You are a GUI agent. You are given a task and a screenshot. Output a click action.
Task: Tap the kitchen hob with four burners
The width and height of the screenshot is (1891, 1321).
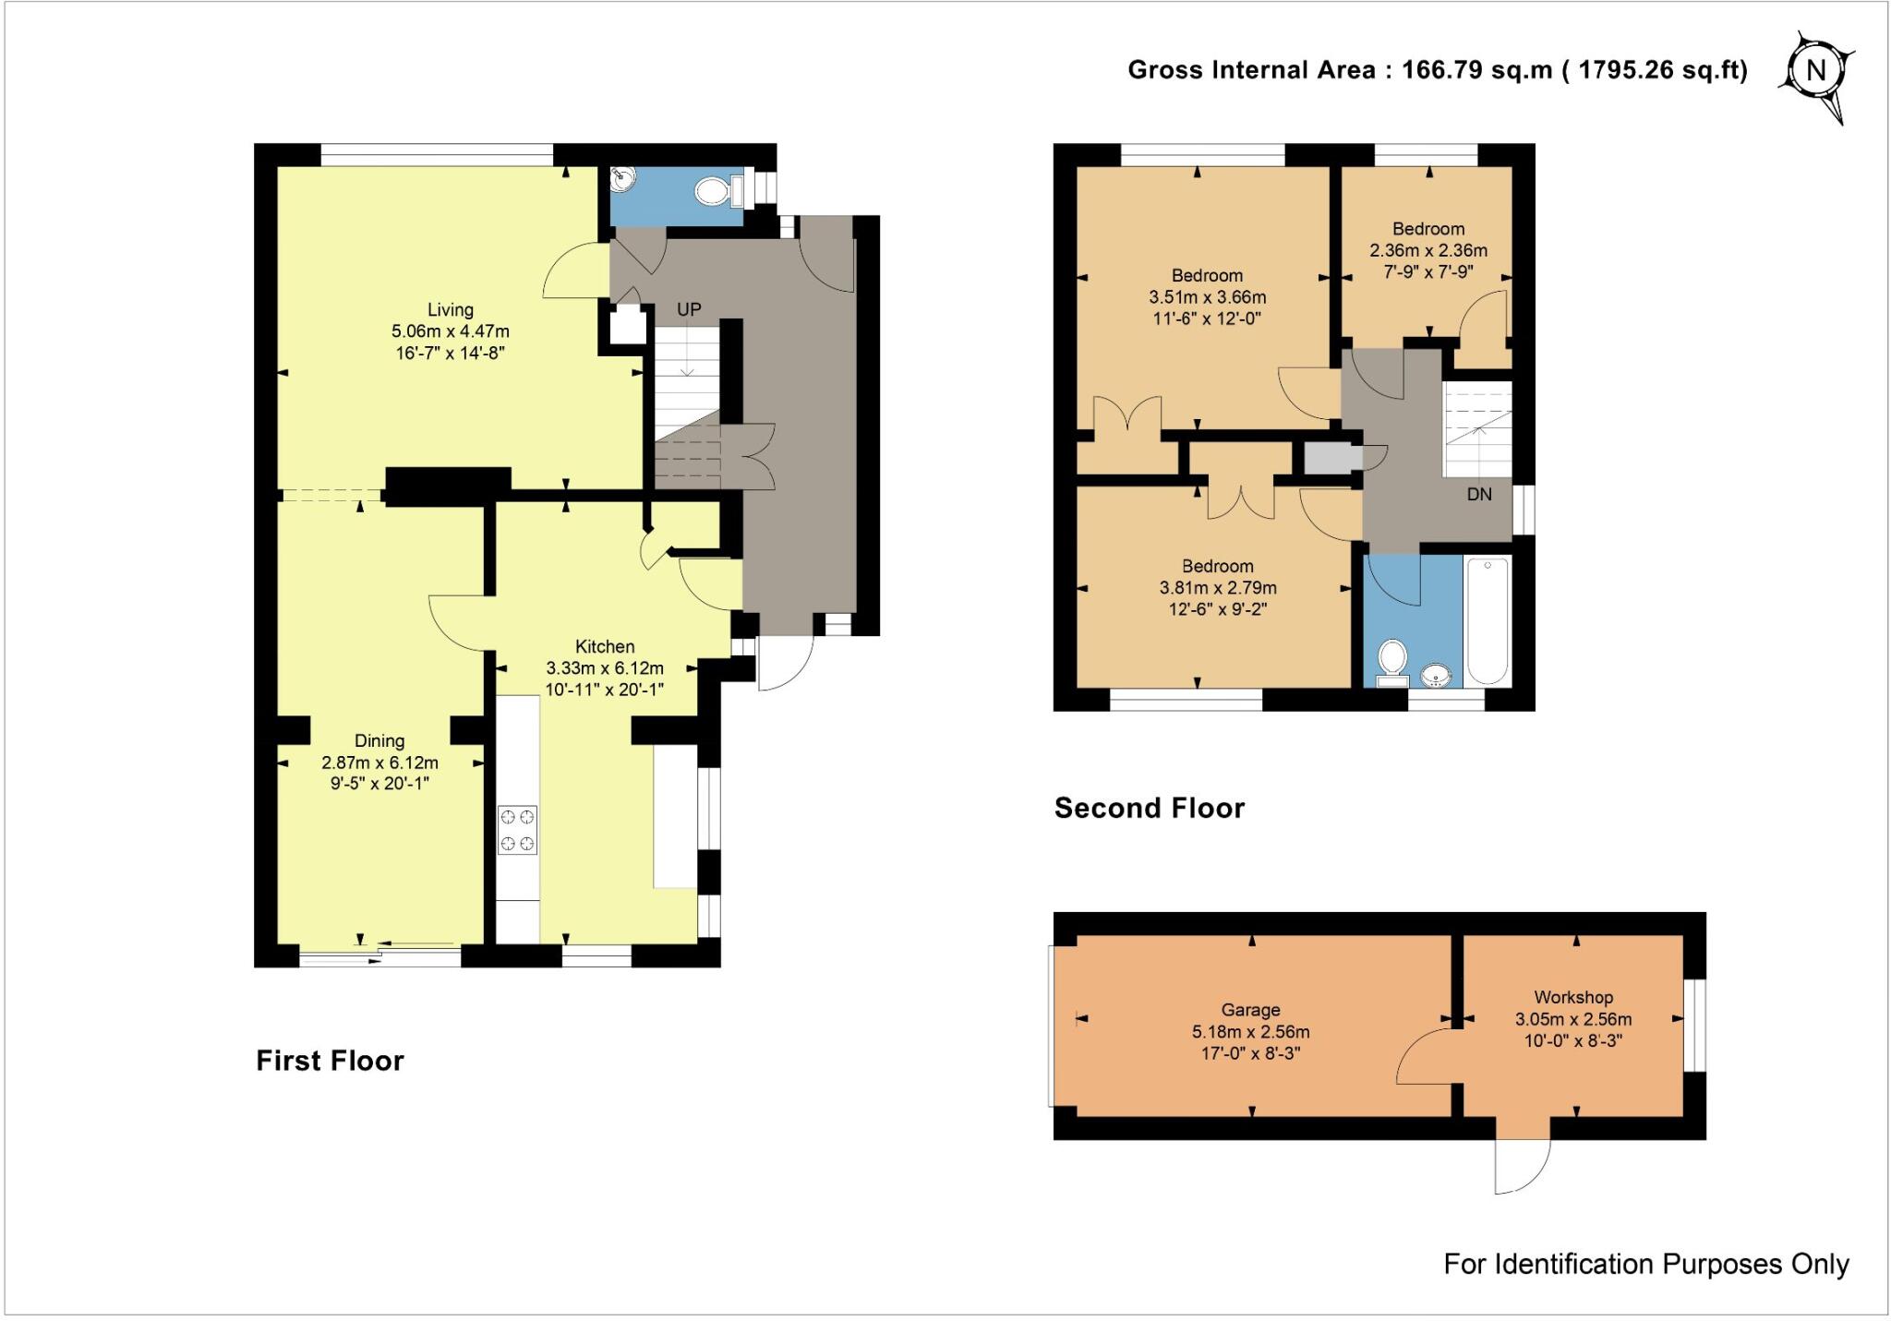tap(517, 830)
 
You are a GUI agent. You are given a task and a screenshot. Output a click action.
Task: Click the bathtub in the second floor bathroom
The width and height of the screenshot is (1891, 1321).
tap(1488, 620)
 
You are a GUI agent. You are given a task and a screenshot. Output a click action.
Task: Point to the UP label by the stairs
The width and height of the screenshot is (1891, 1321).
tap(689, 310)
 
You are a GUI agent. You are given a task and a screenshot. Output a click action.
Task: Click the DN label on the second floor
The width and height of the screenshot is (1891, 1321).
tap(1479, 494)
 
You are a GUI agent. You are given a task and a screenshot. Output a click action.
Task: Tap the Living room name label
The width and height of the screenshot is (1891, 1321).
tap(450, 310)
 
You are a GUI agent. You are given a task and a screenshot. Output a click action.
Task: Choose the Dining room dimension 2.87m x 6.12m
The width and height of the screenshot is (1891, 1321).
tap(379, 763)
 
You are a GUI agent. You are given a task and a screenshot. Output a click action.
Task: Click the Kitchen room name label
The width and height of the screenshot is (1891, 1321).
tap(605, 646)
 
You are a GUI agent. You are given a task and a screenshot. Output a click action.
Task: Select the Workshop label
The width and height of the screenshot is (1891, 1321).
tap(1573, 997)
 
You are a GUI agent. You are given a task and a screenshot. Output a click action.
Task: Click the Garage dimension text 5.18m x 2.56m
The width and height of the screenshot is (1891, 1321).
tap(1250, 1032)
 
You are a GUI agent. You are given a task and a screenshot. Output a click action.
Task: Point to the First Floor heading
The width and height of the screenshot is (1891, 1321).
tap(330, 1061)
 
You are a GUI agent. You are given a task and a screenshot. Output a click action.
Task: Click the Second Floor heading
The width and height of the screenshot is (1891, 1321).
tap(1150, 809)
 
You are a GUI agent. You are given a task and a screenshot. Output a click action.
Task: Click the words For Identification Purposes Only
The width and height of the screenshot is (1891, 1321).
tap(1646, 1264)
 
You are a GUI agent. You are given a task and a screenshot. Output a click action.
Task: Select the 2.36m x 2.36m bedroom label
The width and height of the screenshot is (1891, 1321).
tap(1428, 250)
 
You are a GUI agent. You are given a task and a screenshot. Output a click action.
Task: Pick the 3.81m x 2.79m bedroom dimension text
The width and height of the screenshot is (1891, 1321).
tap(1218, 588)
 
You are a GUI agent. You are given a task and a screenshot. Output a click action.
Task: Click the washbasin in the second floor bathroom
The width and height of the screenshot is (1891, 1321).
tap(1437, 677)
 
